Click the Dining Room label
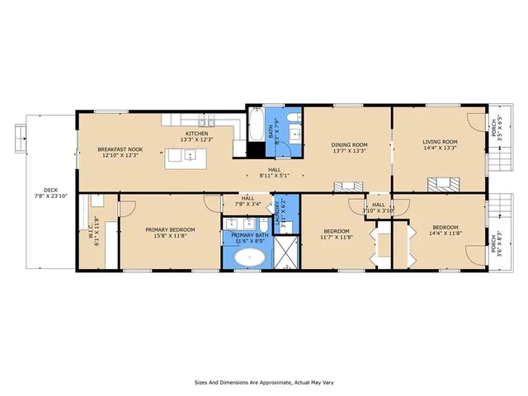[348, 146]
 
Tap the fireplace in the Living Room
[443, 183]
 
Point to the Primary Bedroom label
[170, 232]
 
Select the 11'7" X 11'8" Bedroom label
[336, 233]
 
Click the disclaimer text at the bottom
[263, 382]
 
